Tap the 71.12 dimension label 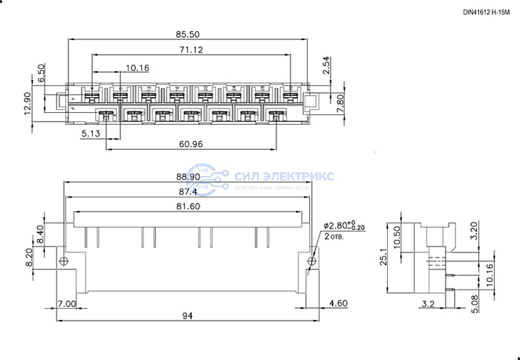coord(191,50)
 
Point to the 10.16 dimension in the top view coord(138,68)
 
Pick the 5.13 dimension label coord(91,134)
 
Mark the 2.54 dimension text coord(325,68)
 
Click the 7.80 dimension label coord(340,102)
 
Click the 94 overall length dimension coord(186,316)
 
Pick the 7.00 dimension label coord(65,304)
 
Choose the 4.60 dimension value coord(339,304)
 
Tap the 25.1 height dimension coord(383,257)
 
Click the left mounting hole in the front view coord(65,261)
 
